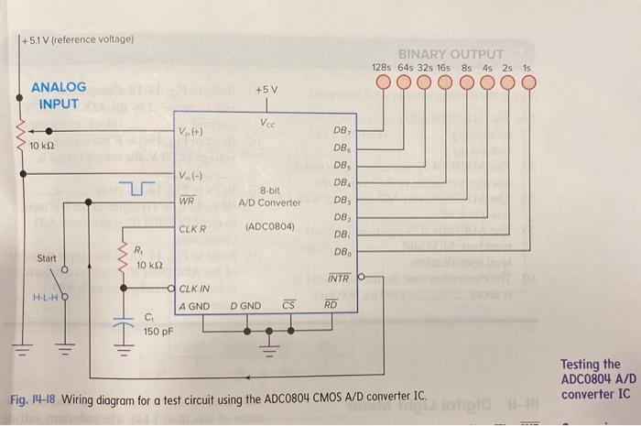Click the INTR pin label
[339, 276]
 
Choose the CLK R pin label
[192, 228]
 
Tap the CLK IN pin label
[196, 289]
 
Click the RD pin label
[331, 304]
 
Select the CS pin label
[288, 304]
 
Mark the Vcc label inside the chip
[269, 124]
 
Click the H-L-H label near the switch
[45, 298]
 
